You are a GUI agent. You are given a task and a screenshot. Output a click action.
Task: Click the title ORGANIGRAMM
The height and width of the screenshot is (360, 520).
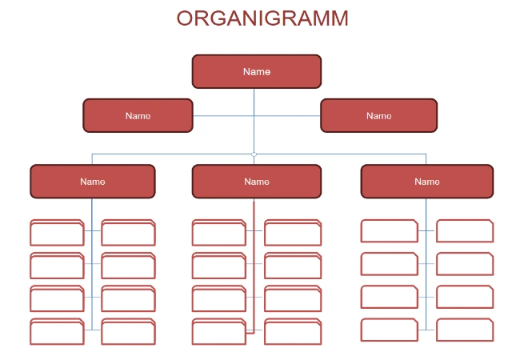point(262,18)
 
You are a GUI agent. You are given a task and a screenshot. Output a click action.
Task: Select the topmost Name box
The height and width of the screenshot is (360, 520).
point(256,71)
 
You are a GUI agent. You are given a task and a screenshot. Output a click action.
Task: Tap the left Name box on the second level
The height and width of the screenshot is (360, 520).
point(138,115)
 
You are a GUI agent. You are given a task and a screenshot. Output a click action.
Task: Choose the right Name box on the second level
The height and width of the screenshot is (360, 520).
point(378,115)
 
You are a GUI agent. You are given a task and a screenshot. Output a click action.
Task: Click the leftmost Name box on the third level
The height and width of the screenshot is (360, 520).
point(92,182)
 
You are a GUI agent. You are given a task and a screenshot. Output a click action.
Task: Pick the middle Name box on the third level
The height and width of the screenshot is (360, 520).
point(256,182)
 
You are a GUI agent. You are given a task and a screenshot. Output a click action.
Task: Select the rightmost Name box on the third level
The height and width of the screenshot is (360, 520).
point(426,182)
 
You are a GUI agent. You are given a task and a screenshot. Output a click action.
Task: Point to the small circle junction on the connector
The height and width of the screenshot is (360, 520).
point(254,154)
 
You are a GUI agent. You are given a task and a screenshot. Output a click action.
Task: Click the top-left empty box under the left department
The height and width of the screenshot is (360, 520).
point(57,233)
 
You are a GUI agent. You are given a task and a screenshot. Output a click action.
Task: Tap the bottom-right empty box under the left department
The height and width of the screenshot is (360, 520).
point(128,332)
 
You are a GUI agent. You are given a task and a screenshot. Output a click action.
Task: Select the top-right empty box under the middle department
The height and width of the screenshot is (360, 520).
point(292,233)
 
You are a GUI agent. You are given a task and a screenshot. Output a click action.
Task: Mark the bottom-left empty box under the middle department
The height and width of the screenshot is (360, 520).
point(219,332)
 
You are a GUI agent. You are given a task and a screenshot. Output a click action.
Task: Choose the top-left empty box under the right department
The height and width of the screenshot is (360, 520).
point(389,231)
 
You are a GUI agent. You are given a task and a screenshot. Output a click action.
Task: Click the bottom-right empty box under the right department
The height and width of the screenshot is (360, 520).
point(464,330)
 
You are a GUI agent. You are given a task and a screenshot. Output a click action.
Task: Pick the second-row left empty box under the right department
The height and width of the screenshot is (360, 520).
point(389,264)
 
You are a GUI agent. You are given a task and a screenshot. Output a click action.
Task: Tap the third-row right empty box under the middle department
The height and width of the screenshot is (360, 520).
point(292,299)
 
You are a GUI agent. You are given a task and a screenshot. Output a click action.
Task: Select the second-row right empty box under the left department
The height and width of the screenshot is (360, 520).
point(128,266)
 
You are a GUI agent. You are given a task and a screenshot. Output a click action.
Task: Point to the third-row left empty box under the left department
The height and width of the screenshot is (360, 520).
point(57,299)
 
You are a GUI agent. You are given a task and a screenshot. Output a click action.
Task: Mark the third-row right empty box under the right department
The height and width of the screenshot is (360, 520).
point(464,297)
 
